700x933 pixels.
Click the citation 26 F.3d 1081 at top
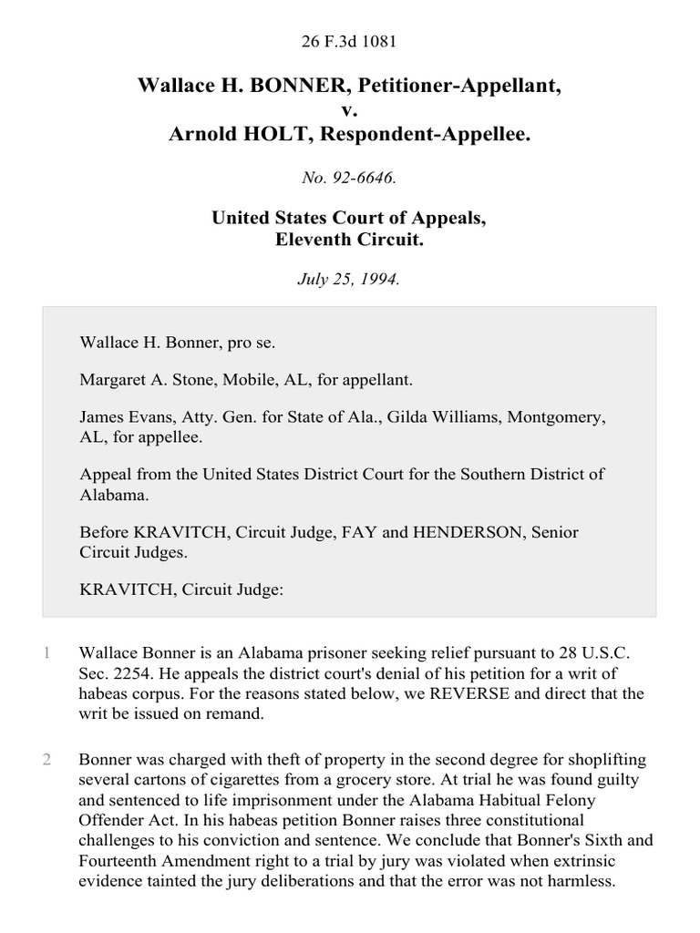pos(349,41)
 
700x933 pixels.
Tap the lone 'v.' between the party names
pos(349,110)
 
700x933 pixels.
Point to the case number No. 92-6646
pos(349,179)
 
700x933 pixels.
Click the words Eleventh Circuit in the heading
pos(349,241)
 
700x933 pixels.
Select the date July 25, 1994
pos(349,280)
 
